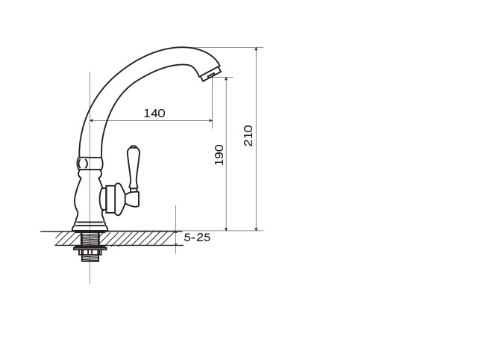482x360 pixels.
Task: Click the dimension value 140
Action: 154,114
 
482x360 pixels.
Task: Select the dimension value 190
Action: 219,155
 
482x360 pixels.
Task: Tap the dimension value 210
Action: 248,136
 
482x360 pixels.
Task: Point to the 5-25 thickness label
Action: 197,238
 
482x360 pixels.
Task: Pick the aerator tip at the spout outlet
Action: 211,72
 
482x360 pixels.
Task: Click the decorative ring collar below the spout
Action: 89,164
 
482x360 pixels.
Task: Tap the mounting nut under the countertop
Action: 90,248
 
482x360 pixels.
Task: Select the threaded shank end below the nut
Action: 90,256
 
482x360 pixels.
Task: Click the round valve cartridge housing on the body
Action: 113,199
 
